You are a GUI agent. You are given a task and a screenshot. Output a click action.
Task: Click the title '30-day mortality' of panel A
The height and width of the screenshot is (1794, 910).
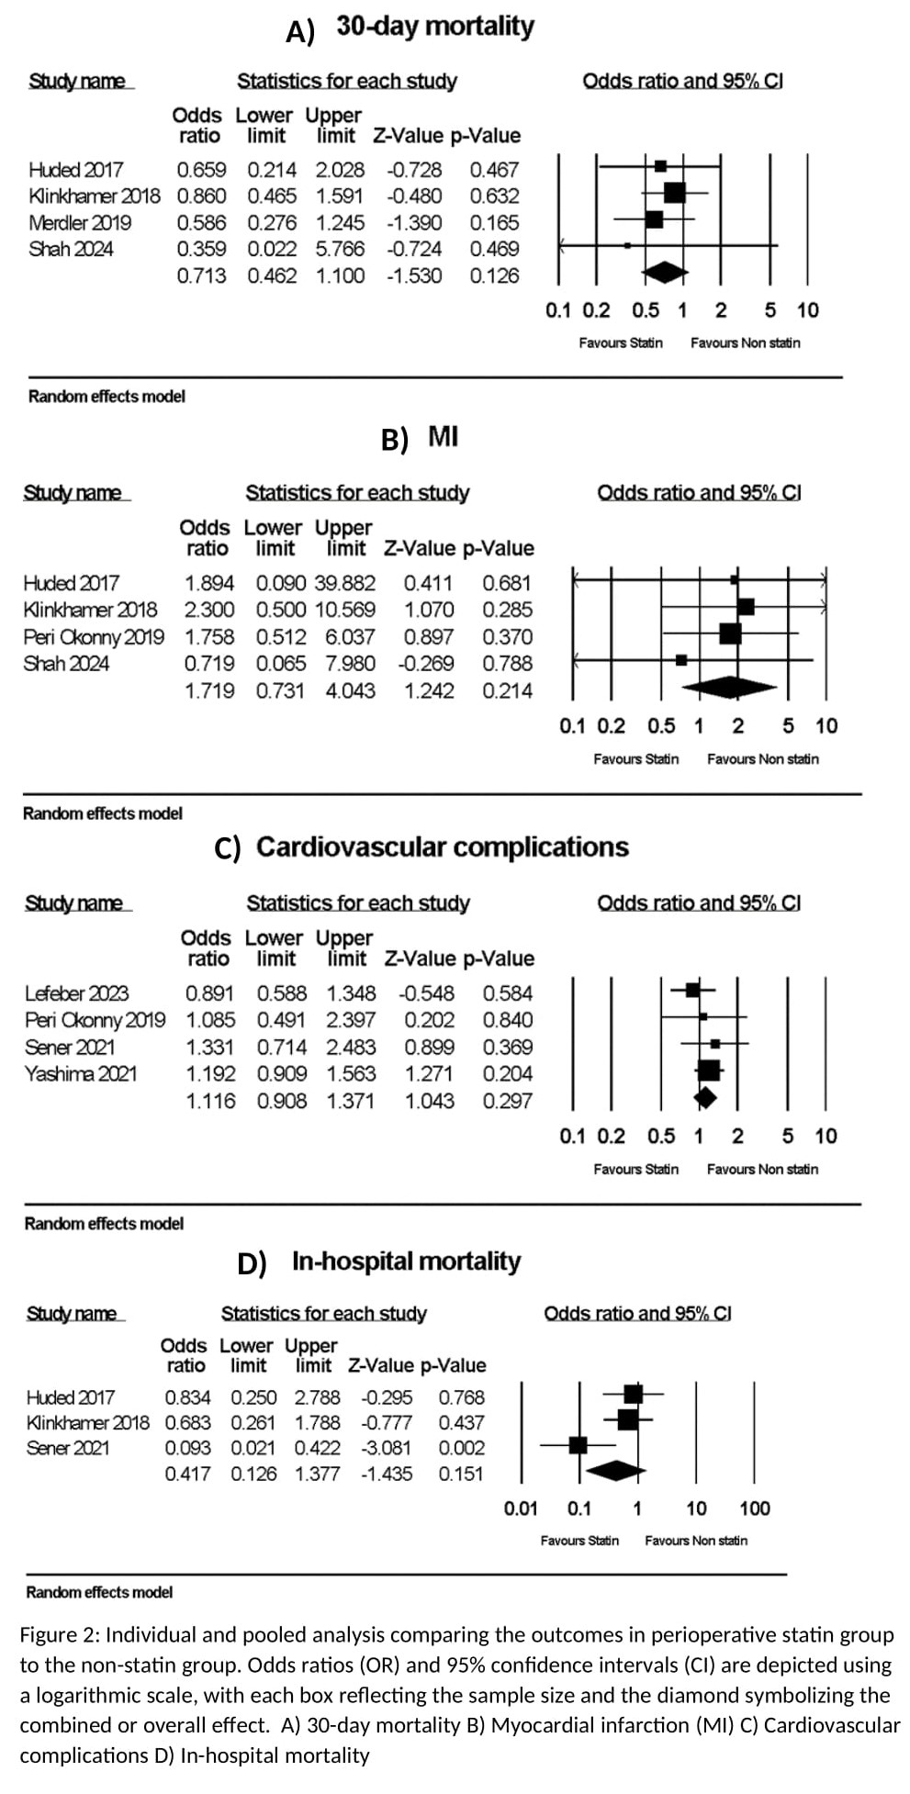coord(434,26)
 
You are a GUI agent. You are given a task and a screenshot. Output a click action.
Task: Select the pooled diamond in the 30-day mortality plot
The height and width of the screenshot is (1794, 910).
coord(666,272)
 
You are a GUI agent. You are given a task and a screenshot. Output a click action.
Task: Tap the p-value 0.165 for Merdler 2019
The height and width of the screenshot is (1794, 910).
coord(494,222)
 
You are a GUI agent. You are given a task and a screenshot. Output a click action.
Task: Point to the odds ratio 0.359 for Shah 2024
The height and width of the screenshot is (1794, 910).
coord(201,249)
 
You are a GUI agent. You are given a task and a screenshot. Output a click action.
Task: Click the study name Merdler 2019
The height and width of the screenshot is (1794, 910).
coord(80,222)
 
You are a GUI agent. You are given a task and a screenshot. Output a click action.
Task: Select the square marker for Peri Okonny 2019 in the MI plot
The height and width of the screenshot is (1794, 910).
coord(730,634)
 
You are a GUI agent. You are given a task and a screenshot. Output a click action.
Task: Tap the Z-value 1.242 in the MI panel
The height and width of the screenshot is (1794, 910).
coord(429,690)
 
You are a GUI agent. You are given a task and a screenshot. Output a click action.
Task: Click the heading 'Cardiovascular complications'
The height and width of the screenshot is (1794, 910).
coord(442,847)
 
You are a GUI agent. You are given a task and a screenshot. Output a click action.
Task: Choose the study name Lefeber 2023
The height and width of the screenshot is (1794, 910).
coord(76,993)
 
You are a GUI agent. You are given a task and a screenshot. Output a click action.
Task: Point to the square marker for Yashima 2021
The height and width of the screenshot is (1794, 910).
coord(708,1070)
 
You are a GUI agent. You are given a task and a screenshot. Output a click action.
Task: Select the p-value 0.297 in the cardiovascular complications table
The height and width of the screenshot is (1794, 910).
coord(507,1101)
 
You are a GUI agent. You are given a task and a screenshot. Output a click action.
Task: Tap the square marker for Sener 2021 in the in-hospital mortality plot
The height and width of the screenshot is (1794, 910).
coord(578,1445)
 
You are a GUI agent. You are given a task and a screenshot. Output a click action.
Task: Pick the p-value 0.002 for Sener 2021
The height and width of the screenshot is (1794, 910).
coord(460,1448)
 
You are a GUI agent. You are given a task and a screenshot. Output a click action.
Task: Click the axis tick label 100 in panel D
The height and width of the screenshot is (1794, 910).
coord(755,1508)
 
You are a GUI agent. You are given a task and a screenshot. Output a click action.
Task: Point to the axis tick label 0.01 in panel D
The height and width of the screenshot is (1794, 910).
coord(521,1508)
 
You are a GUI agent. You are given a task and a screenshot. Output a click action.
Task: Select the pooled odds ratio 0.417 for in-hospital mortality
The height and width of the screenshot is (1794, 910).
coord(187,1474)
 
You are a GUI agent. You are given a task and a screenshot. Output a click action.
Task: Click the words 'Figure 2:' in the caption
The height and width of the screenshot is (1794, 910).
coord(60,1635)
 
